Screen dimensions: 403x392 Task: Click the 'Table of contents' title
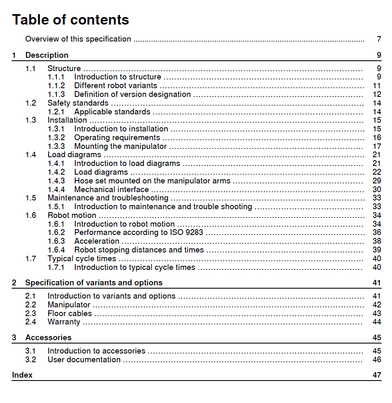[71, 20]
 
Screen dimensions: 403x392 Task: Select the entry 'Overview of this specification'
[78, 39]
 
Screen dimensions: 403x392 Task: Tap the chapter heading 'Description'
[47, 55]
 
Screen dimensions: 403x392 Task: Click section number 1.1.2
[56, 86]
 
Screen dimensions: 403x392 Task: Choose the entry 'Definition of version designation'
[132, 94]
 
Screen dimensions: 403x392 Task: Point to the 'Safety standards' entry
[78, 103]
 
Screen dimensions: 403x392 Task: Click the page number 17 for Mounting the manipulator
[377, 146]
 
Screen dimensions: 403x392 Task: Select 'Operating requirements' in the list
[117, 138]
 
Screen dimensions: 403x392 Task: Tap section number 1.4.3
[56, 181]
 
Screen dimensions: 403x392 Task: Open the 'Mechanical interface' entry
[111, 190]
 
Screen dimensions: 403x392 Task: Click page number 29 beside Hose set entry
[377, 181]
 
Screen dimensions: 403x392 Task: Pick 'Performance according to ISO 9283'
[138, 232]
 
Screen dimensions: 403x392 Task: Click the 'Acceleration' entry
[96, 241]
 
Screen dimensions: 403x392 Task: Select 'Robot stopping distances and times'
[139, 250]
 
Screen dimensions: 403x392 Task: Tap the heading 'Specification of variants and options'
[94, 283]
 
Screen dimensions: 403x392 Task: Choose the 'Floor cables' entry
[69, 314]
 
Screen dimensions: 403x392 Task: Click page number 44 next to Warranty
[377, 322]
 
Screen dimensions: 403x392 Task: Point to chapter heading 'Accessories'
[48, 338]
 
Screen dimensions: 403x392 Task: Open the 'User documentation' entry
[84, 360]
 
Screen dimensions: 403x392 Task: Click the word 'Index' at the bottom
[22, 375]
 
